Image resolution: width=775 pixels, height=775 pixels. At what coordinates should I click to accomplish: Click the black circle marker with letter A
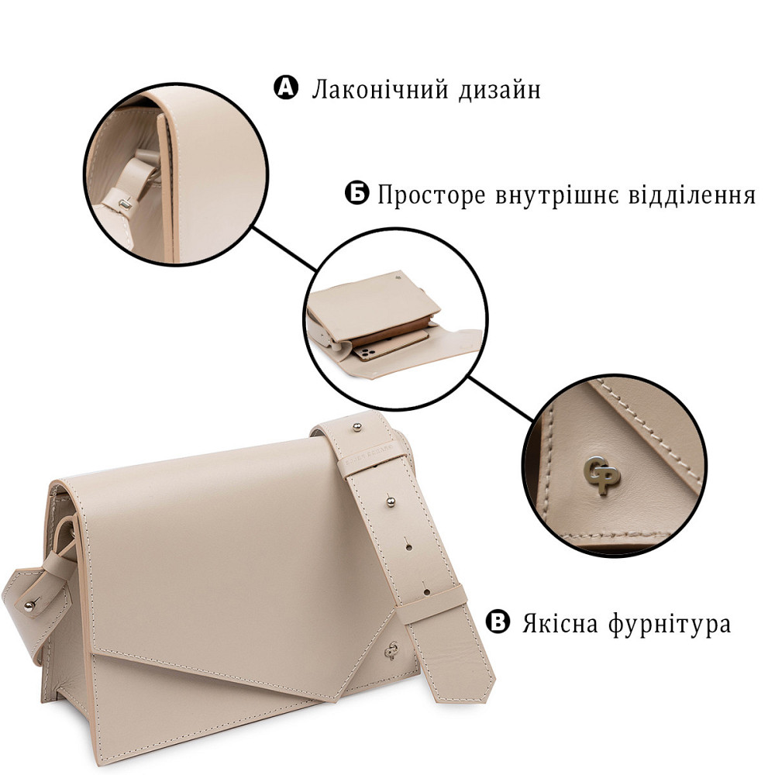pyautogui.click(x=286, y=88)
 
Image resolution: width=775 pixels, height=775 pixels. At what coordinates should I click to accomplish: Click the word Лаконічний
pyautogui.click(x=370, y=90)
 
